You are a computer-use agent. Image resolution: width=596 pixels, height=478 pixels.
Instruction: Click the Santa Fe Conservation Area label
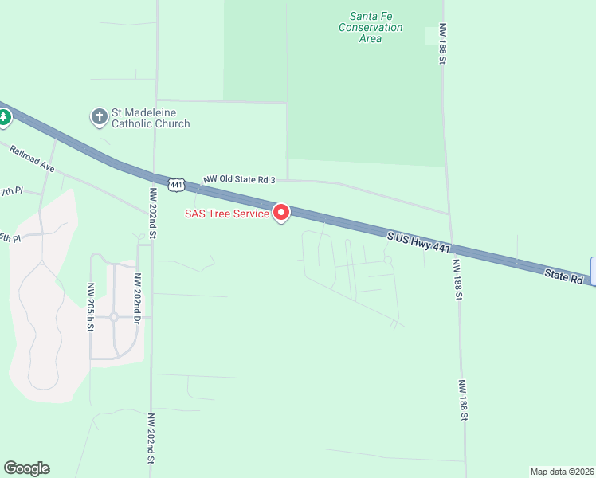[x=371, y=27]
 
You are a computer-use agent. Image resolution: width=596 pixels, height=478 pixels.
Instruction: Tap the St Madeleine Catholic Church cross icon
[x=99, y=118]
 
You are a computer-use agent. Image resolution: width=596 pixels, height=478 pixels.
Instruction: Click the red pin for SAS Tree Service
[x=281, y=213]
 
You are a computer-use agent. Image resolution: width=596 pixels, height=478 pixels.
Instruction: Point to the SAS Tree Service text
[x=226, y=214]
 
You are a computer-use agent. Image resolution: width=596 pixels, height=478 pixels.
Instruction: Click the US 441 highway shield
[x=176, y=184]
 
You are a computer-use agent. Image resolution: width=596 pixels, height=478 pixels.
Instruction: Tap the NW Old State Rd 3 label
[x=238, y=181]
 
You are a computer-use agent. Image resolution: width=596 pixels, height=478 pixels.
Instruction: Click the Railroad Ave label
[x=31, y=159]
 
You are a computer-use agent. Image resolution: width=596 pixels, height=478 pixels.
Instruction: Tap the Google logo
[x=26, y=468]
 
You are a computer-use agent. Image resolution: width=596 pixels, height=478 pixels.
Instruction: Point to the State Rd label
[x=564, y=276]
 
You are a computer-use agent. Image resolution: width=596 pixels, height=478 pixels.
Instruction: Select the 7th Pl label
[x=11, y=192]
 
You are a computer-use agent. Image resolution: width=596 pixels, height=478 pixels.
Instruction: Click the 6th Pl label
[x=9, y=238]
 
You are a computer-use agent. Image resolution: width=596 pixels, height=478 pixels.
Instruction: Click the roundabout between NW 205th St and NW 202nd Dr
[x=114, y=317]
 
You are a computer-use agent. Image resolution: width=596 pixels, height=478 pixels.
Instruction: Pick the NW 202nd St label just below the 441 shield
[x=151, y=214]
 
